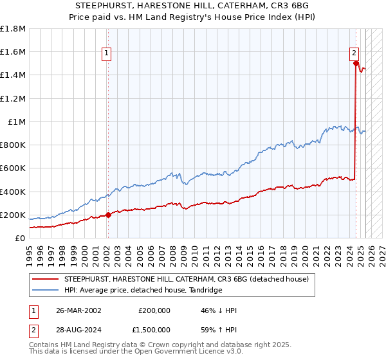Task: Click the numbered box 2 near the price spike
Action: pyautogui.click(x=354, y=54)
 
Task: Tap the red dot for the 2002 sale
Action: pyautogui.click(x=107, y=215)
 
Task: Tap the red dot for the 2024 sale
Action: pyautogui.click(x=355, y=63)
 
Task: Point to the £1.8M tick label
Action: pyautogui.click(x=13, y=29)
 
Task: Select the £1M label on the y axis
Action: pyautogui.click(x=17, y=122)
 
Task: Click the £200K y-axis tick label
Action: pyautogui.click(x=13, y=215)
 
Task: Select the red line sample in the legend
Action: pyautogui.click(x=46, y=279)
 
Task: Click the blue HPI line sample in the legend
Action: pyautogui.click(x=46, y=291)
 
